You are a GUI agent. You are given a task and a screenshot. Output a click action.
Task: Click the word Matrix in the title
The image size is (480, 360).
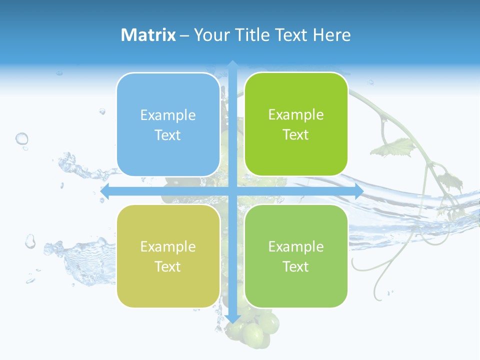pyautogui.click(x=148, y=35)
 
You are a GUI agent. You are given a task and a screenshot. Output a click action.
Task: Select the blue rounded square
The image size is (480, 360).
pyautogui.click(x=168, y=124)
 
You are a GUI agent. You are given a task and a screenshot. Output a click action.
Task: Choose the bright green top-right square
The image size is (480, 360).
pyautogui.click(x=296, y=124)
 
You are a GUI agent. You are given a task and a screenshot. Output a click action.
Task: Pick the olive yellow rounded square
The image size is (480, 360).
pyautogui.click(x=168, y=256)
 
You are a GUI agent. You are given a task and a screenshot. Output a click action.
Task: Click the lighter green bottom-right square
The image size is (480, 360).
pyautogui.click(x=296, y=256)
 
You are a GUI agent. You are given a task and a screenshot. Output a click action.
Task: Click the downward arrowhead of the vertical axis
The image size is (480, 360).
pyautogui.click(x=232, y=318)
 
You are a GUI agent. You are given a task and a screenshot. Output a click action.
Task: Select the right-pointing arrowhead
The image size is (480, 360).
pyautogui.click(x=358, y=191)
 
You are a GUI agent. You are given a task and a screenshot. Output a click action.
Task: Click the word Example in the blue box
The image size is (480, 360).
pyautogui.click(x=168, y=115)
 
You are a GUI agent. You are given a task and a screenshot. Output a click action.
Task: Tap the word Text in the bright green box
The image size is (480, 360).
pyautogui.click(x=296, y=135)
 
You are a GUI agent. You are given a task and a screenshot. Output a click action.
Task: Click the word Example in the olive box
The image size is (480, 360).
pyautogui.click(x=168, y=247)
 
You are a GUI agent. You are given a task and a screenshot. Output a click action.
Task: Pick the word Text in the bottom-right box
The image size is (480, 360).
pyautogui.click(x=296, y=266)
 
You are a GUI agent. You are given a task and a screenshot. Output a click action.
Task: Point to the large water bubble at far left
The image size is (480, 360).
pyautogui.click(x=21, y=138)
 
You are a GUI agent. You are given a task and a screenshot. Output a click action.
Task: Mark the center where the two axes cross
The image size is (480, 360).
pyautogui.click(x=232, y=191)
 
